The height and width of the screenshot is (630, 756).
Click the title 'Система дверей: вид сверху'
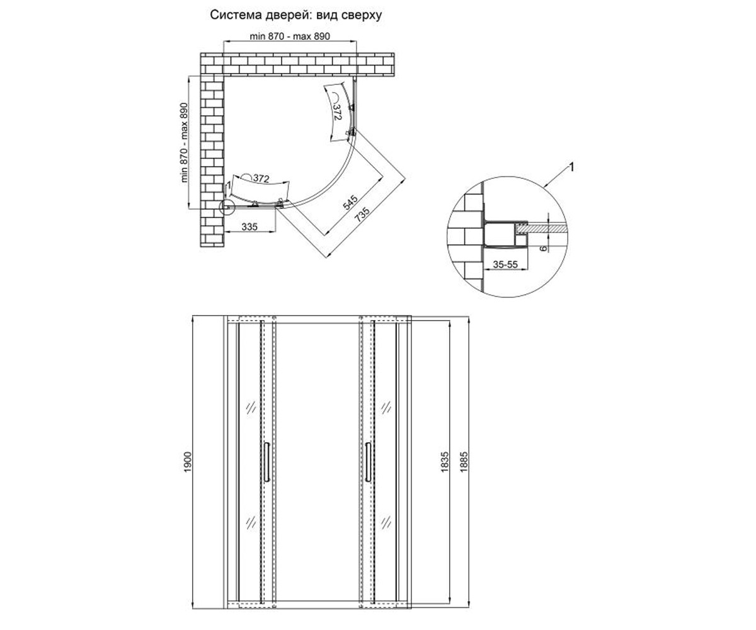296,15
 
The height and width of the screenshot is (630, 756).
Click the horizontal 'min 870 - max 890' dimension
290,36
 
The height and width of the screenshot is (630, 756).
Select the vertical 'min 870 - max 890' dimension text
185,142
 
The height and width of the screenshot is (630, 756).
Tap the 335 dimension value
249,227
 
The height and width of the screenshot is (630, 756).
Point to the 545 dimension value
350,203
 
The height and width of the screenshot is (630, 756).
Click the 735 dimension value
362,214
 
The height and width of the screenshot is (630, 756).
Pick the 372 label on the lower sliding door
261,178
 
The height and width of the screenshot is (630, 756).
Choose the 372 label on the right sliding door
337,112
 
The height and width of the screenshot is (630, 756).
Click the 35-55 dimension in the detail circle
505,265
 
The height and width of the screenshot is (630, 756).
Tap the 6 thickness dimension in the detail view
542,248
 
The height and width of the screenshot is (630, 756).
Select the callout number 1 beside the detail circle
571,168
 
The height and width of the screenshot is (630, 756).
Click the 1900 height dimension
187,462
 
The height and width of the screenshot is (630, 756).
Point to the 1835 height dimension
445,462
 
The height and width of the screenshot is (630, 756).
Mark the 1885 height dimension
464,462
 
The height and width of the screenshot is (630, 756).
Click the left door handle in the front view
267,462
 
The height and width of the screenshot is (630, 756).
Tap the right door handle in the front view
368,462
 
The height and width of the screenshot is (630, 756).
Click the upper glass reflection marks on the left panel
251,408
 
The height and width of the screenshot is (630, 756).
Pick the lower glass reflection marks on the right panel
386,522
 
